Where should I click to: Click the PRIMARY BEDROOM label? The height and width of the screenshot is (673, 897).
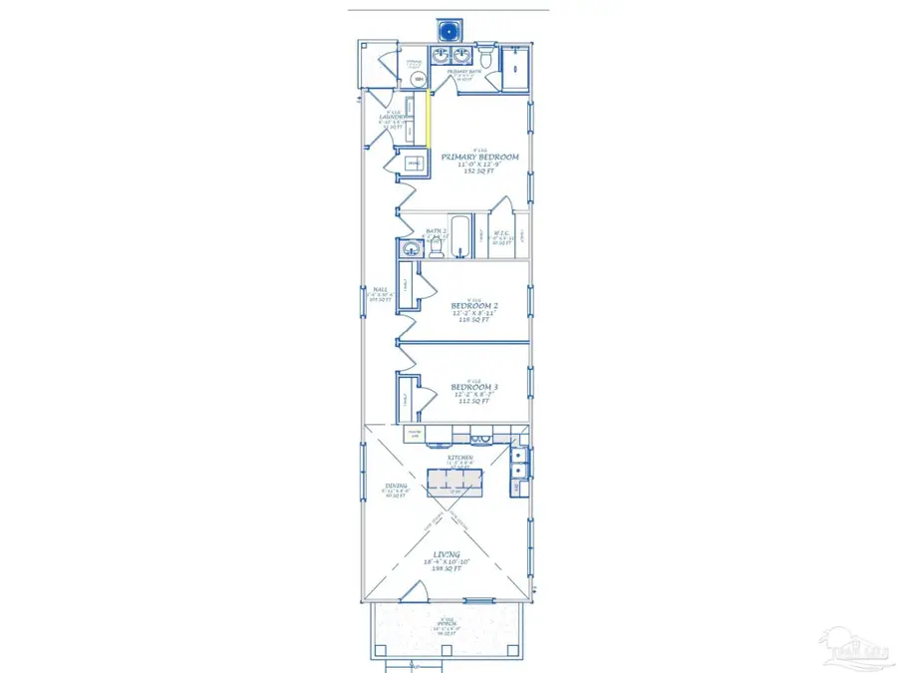[479, 157]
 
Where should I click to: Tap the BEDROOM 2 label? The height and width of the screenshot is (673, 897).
[474, 305]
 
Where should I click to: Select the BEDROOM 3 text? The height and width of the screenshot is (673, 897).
[474, 387]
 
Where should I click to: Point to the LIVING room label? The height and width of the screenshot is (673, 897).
[446, 554]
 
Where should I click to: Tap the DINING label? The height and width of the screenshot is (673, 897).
[396, 487]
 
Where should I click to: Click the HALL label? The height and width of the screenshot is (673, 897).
[379, 290]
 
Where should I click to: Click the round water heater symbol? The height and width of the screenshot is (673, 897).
[418, 80]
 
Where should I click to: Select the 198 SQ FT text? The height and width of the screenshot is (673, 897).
[446, 571]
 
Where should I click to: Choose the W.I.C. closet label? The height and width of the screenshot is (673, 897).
[502, 235]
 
